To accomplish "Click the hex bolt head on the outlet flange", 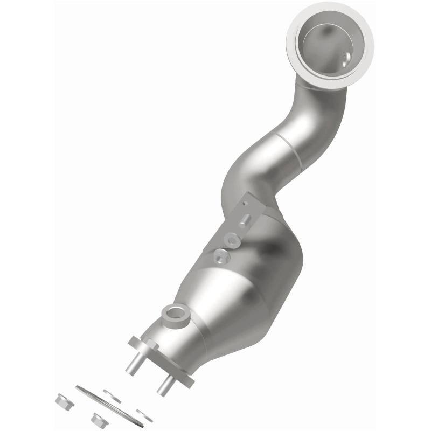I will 135,343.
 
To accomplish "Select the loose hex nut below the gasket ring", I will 99,419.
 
